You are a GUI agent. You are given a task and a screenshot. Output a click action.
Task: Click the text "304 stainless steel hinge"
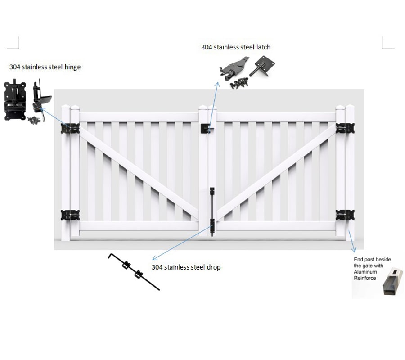pos(45,67)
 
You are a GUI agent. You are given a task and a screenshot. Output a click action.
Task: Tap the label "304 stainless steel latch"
pos(236,47)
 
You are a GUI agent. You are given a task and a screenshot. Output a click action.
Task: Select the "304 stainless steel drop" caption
pos(186,267)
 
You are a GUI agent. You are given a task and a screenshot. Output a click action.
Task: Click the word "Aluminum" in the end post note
pos(366,272)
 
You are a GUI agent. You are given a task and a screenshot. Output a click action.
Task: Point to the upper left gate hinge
pos(70,128)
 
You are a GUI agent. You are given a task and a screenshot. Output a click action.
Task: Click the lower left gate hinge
pos(70,215)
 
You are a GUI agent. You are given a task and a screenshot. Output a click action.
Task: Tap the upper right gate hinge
pos(345,128)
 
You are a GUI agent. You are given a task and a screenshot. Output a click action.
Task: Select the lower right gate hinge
pos(345,215)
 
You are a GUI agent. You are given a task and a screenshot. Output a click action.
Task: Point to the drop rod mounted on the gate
pos(212,209)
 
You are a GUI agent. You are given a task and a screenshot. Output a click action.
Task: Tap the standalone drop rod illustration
pos(134,272)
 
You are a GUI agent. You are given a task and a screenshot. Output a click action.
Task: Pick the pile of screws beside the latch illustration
pos(239,83)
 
